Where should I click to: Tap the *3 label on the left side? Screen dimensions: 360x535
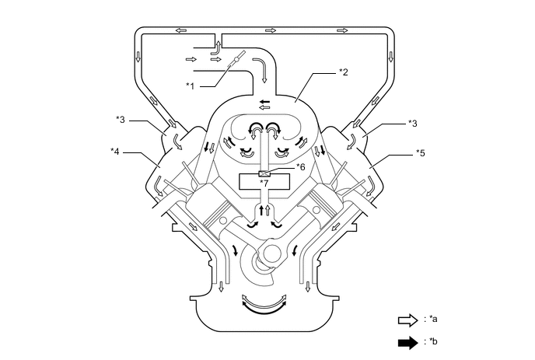(x=121, y=119)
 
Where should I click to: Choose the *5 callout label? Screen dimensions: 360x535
(x=421, y=152)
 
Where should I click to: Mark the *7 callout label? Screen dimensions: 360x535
(x=265, y=182)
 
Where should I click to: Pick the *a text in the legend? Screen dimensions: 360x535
(x=434, y=320)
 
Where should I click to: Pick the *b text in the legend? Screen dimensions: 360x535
(x=434, y=341)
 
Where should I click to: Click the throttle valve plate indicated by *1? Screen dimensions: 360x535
(x=237, y=59)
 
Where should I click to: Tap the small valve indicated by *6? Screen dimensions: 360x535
(x=264, y=172)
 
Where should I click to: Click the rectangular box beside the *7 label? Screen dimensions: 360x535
(x=264, y=183)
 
